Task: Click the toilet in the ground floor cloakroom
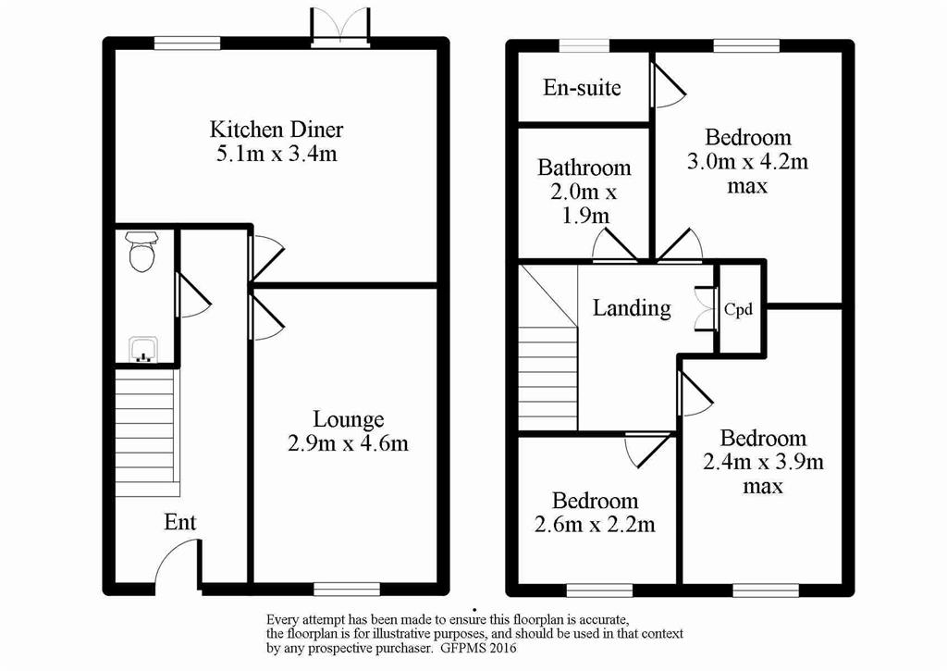click(x=143, y=252)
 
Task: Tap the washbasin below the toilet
click(x=143, y=350)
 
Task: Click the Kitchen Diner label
click(x=277, y=129)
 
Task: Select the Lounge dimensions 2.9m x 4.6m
click(x=348, y=443)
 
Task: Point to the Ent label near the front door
click(x=180, y=522)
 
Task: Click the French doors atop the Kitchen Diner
click(x=340, y=27)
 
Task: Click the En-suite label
click(x=582, y=88)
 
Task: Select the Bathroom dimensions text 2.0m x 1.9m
click(x=584, y=205)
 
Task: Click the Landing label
click(x=631, y=307)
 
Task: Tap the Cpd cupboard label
click(x=738, y=309)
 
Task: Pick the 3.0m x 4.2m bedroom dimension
click(x=747, y=162)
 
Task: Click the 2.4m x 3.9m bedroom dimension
click(x=763, y=463)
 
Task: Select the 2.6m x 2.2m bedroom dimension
click(x=595, y=524)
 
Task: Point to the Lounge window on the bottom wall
click(x=347, y=589)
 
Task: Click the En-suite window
click(x=584, y=46)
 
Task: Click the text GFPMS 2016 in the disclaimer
click(x=478, y=649)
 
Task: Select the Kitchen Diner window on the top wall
click(x=187, y=43)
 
